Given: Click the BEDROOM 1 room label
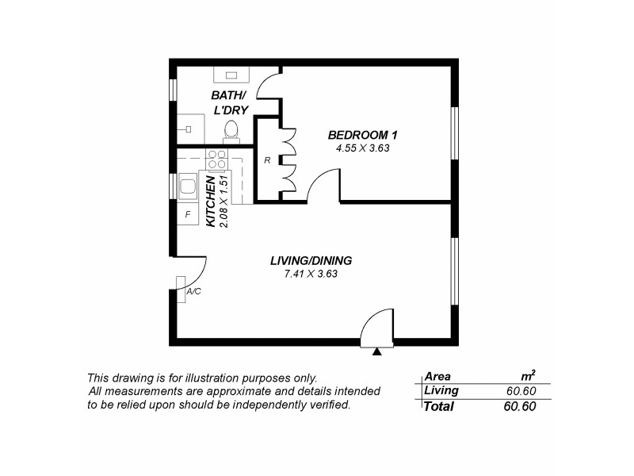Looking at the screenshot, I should (x=362, y=134).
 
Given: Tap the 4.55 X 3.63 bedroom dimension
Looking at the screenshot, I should (x=363, y=148).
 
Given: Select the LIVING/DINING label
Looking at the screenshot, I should (x=311, y=260).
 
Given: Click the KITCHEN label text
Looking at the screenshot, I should (x=211, y=202).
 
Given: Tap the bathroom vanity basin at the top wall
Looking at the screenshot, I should (x=233, y=76).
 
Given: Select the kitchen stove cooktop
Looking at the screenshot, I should (x=216, y=159).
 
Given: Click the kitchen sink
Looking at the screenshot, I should (x=188, y=187).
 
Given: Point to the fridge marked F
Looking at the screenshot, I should (x=188, y=214).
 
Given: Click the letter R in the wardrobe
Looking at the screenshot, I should (x=267, y=160).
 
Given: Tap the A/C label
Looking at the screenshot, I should (x=193, y=291).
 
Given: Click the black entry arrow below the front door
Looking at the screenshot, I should (x=378, y=350).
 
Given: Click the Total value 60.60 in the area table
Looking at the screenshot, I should (x=521, y=407).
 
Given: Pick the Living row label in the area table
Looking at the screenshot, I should (x=441, y=390).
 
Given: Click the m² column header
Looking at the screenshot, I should (x=528, y=376).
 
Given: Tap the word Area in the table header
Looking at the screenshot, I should (x=437, y=376).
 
